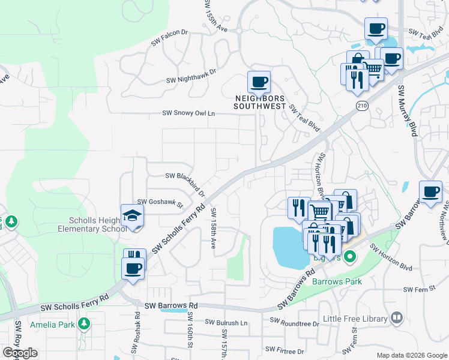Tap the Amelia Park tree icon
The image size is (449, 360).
point(84,324)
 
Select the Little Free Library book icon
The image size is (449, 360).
point(396,317)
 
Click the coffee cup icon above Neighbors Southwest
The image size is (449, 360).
point(259,82)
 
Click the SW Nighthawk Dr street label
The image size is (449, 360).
point(191,75)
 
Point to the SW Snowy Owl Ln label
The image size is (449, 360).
point(188,113)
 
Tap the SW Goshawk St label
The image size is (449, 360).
point(160,203)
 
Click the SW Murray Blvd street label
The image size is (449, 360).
point(407,110)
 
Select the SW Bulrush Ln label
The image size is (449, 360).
point(226,322)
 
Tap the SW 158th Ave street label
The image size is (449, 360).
point(213,229)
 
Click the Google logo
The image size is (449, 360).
point(20,353)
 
